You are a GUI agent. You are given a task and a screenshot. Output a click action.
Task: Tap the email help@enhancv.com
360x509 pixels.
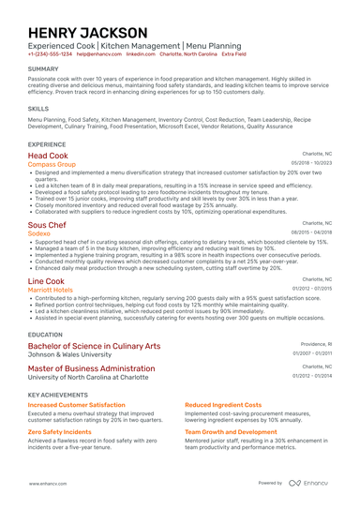pos(98,54)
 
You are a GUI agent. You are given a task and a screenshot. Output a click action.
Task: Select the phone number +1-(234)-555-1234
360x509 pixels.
pos(50,54)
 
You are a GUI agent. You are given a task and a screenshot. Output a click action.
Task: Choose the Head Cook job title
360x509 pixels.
pos(48,155)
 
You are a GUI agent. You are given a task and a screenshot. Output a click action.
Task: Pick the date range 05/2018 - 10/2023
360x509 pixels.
pos(312,163)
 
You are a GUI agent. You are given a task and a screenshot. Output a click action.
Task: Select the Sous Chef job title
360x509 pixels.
pos(47,226)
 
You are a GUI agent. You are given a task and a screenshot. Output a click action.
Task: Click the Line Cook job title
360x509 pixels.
pos(46,280)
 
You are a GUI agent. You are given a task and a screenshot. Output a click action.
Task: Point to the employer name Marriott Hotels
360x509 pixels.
pos(51,290)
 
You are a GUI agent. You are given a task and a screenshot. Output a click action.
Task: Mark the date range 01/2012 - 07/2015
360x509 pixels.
pos(312,289)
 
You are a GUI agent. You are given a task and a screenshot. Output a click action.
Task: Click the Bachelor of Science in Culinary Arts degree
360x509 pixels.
pos(94,346)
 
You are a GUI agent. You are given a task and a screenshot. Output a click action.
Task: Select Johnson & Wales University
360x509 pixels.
pos(72,355)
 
